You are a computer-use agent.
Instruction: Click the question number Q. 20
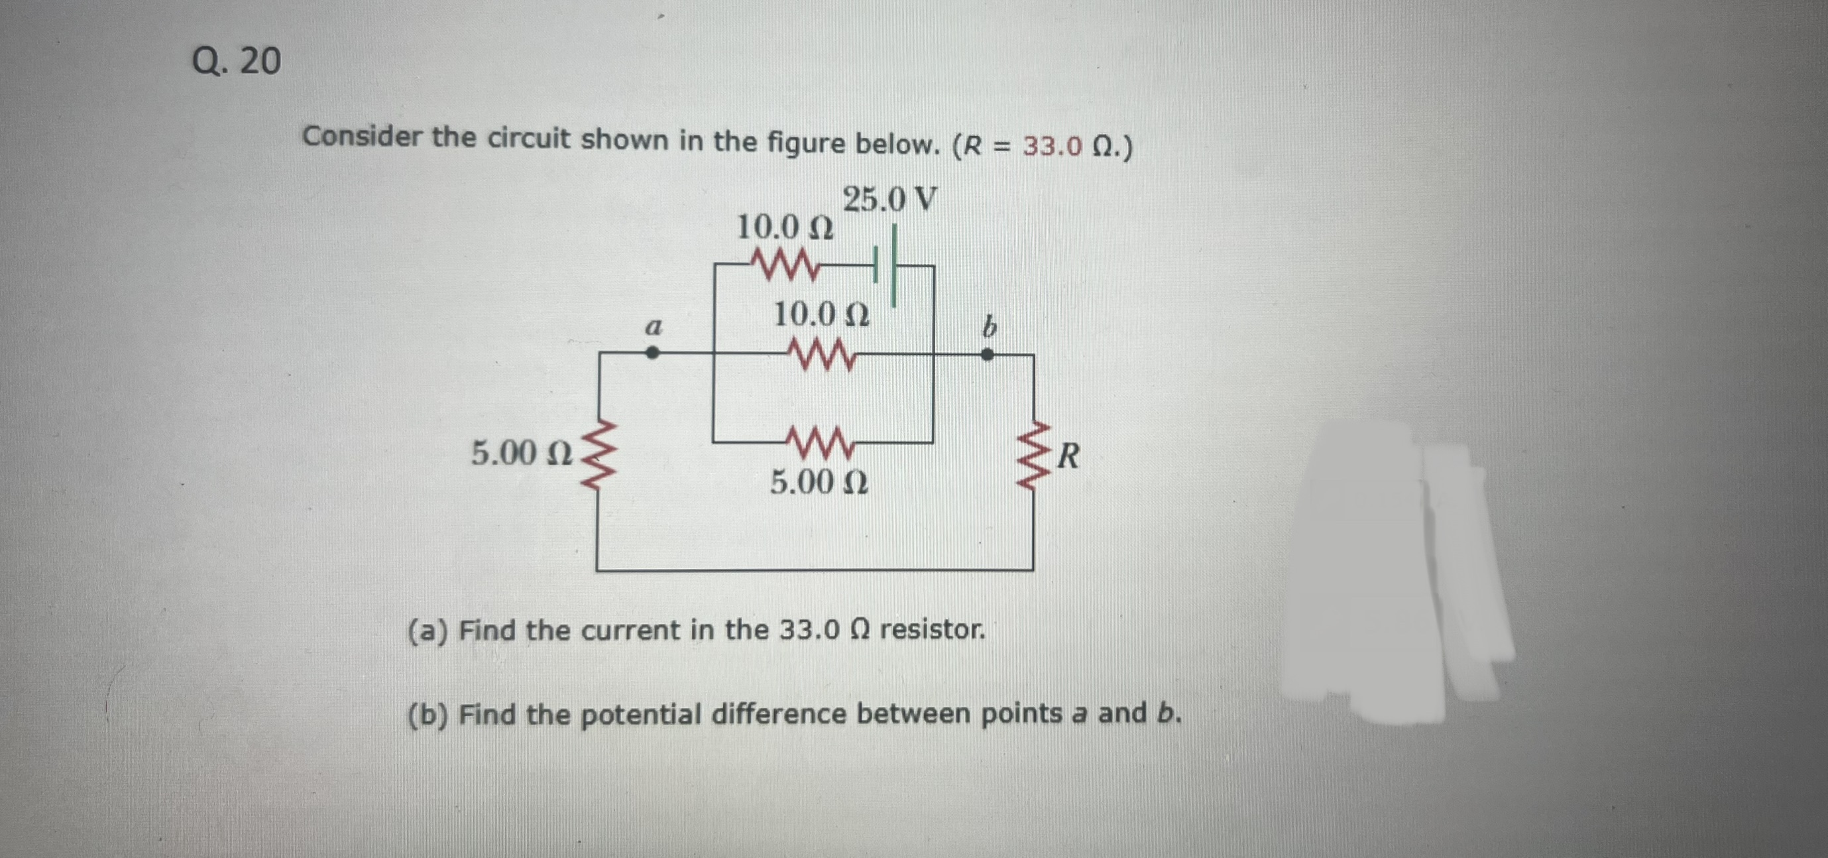coord(237,61)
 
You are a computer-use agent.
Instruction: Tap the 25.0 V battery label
coord(889,200)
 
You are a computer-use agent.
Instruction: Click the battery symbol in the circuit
coord(886,265)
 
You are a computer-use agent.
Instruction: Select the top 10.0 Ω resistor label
coord(785,228)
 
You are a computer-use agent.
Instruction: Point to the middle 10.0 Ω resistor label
coord(821,314)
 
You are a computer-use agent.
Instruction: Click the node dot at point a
coord(652,352)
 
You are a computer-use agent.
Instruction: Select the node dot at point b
coord(987,354)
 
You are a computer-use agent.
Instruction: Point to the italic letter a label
coord(653,327)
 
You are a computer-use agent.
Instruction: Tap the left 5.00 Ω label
coord(522,453)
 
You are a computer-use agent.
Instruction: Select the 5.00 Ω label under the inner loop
coord(819,483)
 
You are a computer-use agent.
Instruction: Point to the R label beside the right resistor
coord(1068,456)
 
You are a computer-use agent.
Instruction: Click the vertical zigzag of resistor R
coord(1033,456)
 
